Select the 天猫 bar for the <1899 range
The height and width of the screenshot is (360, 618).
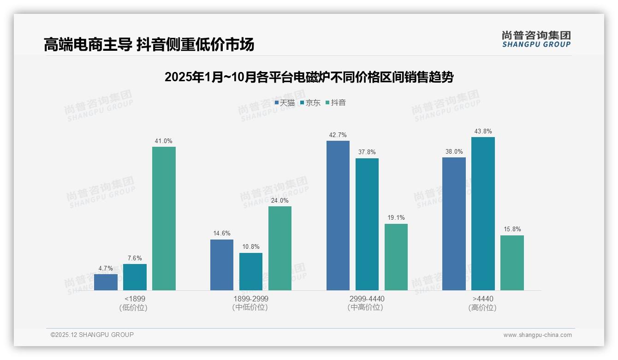[106, 282]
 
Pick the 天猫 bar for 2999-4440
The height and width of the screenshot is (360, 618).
[338, 216]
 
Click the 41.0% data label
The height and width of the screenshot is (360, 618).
[164, 141]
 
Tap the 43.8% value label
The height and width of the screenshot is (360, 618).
[483, 132]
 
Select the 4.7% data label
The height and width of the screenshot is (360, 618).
[106, 269]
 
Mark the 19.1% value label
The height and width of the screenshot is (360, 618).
[396, 218]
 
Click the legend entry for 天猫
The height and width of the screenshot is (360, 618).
[285, 103]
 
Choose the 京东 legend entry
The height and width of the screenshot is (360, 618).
[310, 103]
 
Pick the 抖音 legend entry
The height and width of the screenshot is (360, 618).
[336, 103]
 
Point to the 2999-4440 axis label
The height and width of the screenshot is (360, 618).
[367, 299]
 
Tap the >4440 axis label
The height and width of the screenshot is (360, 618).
[483, 299]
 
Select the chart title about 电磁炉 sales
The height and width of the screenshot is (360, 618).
[309, 77]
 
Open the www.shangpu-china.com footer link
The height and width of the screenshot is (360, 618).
[537, 335]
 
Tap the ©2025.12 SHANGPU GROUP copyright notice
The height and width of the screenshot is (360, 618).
[92, 335]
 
